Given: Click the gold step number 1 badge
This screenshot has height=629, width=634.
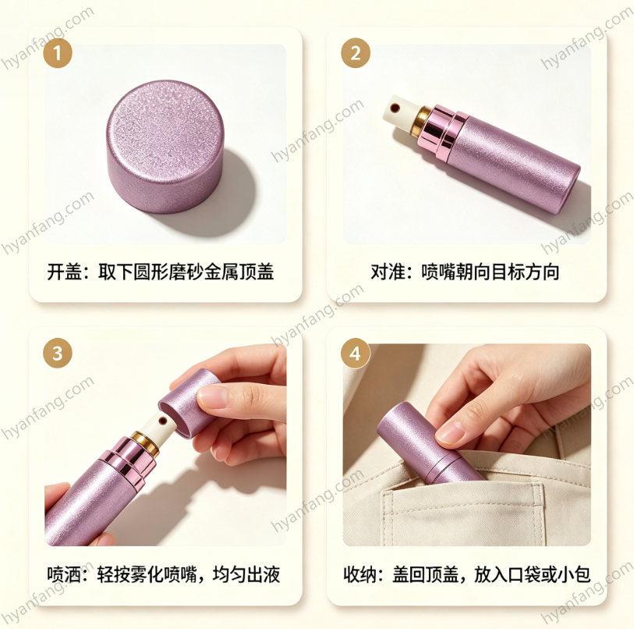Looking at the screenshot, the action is click(x=58, y=53).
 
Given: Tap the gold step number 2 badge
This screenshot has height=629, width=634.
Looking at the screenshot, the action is click(x=356, y=53).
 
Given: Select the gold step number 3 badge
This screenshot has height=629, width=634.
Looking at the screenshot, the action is click(x=58, y=353).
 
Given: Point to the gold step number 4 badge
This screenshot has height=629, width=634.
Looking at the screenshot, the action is click(x=356, y=353).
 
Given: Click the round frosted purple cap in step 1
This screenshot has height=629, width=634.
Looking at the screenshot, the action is click(x=166, y=146).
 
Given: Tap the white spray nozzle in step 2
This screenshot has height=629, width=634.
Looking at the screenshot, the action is click(x=398, y=112).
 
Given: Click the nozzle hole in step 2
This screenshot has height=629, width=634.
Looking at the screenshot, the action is click(x=395, y=108).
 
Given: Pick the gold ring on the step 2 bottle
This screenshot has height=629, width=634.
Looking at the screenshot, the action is click(x=422, y=120).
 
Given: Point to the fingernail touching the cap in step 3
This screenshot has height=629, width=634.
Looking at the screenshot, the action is click(x=211, y=396).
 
